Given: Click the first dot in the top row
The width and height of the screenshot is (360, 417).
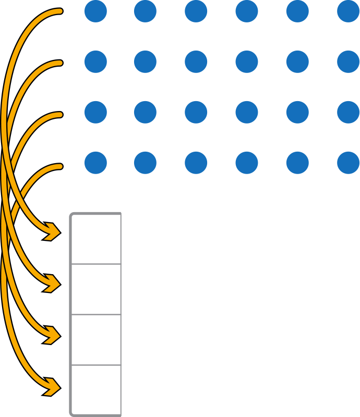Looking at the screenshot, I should point(95,11).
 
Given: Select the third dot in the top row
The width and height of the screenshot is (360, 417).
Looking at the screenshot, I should point(196,11).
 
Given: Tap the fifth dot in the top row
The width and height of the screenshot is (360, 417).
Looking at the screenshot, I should point(297,11).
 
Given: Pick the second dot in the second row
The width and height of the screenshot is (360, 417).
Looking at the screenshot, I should point(145,62).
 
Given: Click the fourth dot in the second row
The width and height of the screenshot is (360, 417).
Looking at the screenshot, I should point(247,62).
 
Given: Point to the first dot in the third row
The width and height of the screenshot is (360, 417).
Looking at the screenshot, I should point(95,112).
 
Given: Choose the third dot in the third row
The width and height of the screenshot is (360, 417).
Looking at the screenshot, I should point(196,112).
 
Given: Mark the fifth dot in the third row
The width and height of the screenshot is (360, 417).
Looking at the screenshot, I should point(297,112).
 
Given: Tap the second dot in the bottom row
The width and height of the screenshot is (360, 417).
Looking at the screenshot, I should point(145,163).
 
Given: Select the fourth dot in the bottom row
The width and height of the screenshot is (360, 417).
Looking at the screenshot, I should point(247,163).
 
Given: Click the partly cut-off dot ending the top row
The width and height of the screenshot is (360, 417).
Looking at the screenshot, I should point(349,11).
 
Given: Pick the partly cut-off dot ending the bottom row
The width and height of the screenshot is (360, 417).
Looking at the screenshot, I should point(349,163).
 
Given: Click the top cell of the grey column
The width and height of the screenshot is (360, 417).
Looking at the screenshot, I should point(96,239).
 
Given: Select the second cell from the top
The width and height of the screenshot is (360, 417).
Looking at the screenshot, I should point(96,289).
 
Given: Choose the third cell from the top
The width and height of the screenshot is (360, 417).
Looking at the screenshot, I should point(96,340).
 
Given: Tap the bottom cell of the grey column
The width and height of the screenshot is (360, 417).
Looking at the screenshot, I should point(96,390).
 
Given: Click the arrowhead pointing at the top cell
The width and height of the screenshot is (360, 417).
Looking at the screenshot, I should point(54,231).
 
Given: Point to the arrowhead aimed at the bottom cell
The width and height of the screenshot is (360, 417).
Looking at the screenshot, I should point(54,388).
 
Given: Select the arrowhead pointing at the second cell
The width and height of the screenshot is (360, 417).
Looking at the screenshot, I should point(54,284).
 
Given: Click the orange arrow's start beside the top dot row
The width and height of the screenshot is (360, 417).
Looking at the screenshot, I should point(59,11).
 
